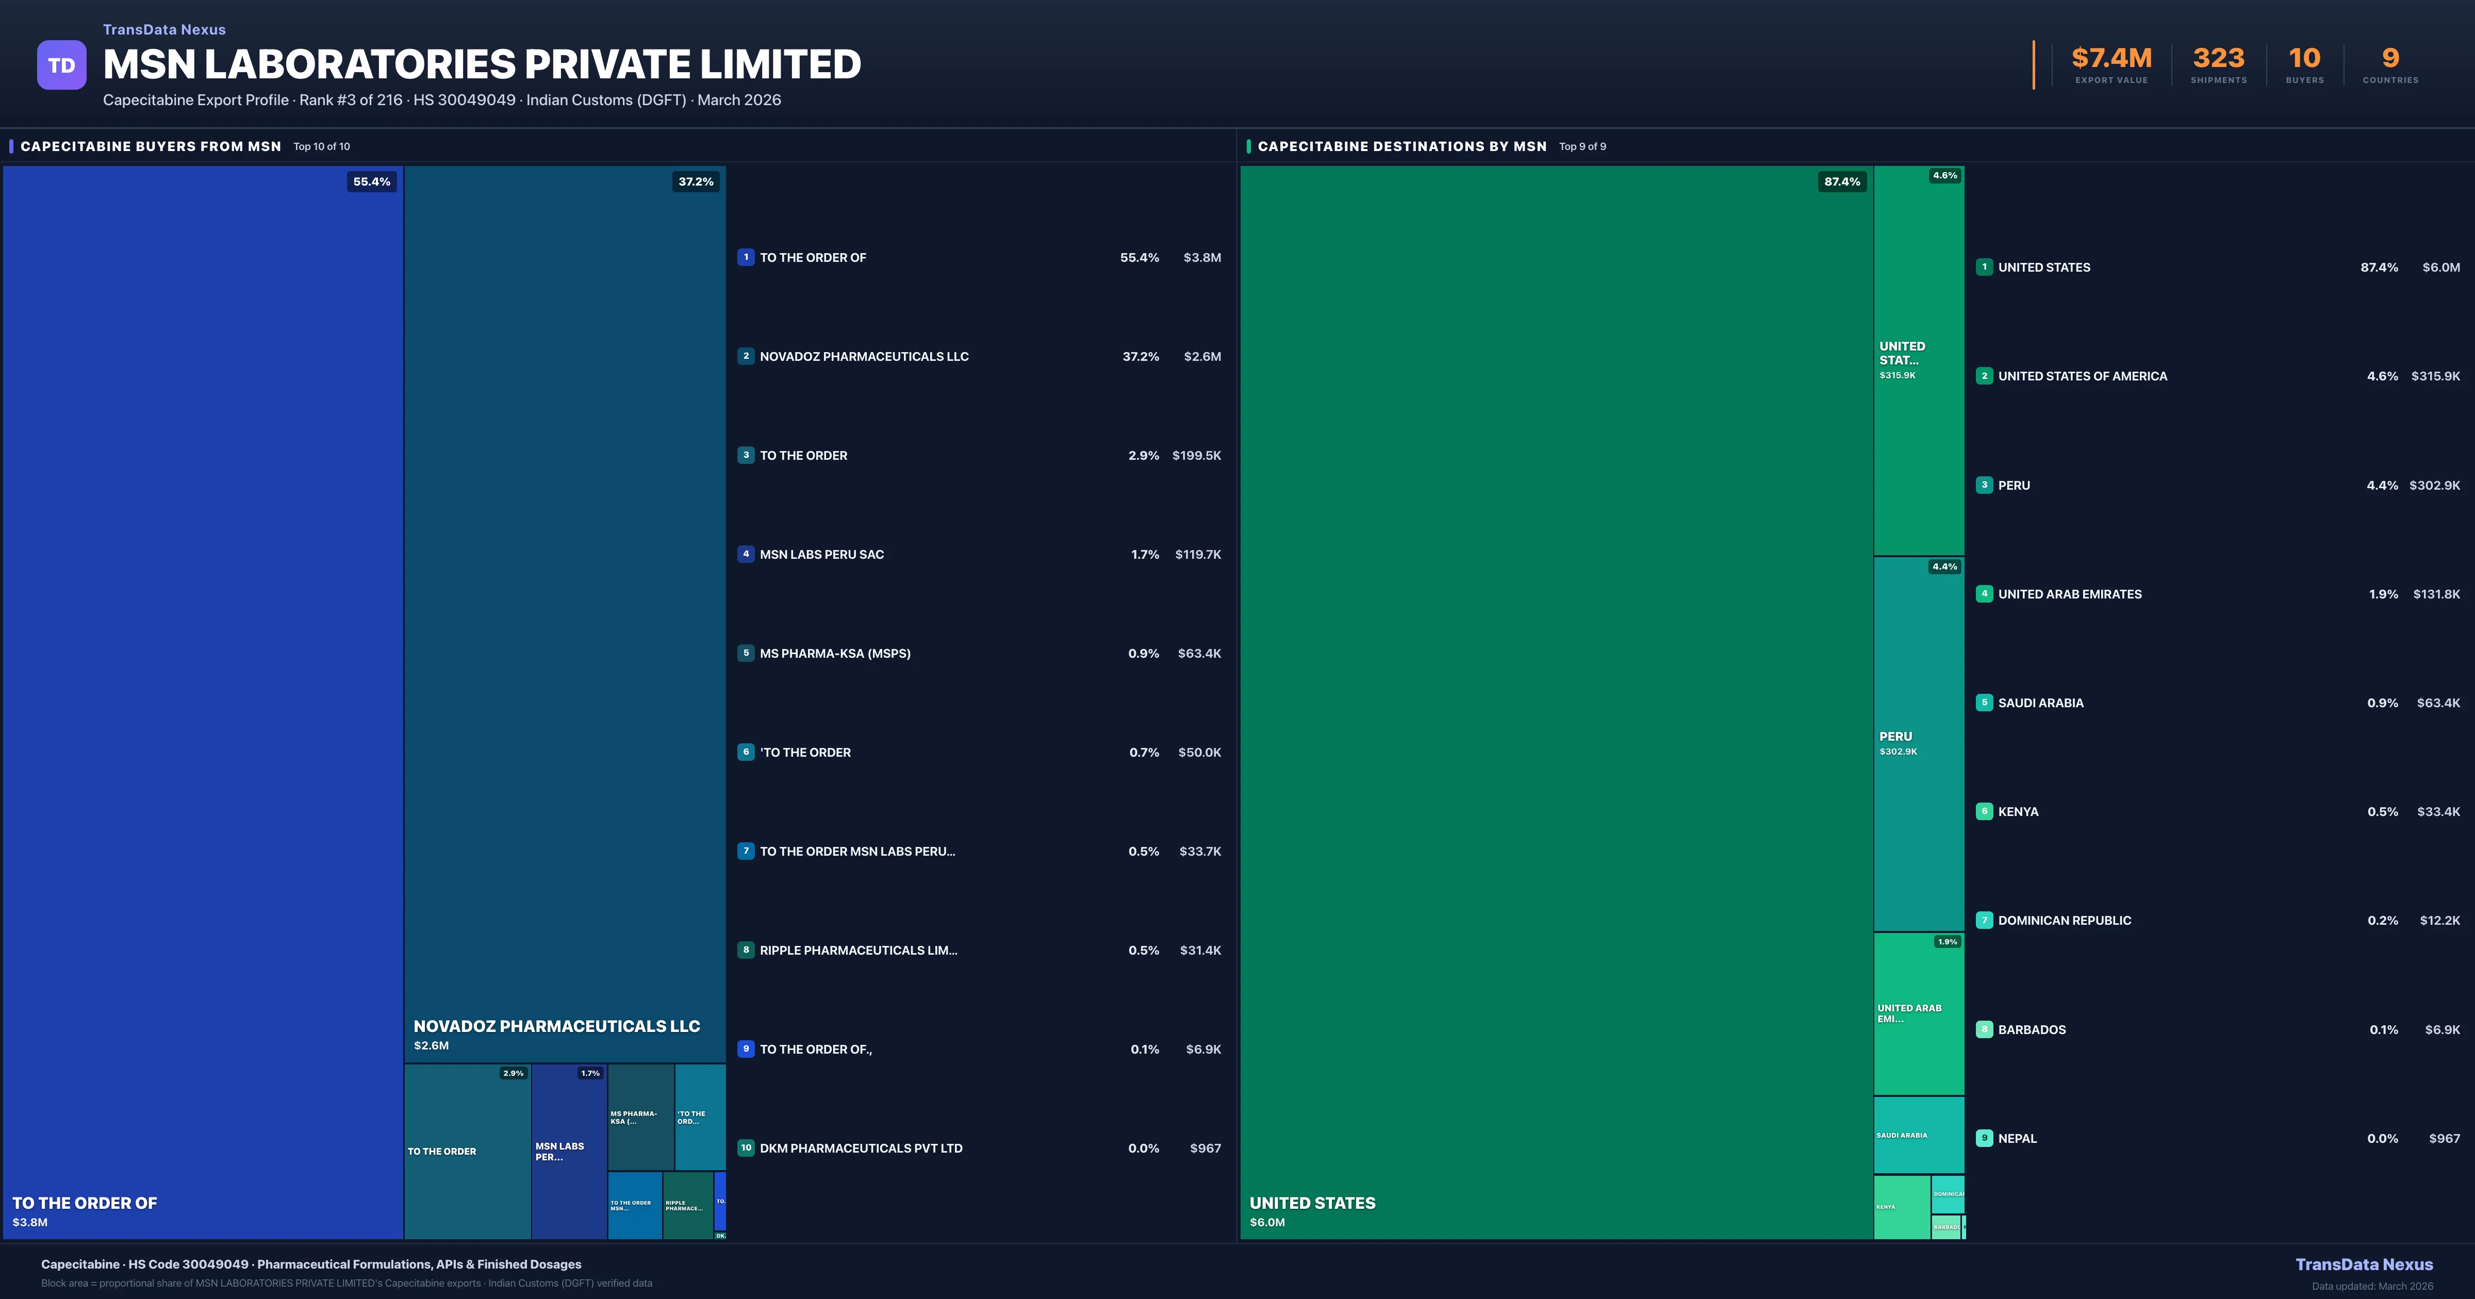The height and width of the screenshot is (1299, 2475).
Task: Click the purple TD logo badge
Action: (x=61, y=65)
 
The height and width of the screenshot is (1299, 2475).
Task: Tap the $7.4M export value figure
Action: (x=2111, y=59)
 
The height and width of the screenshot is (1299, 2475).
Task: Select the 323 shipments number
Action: (x=2218, y=59)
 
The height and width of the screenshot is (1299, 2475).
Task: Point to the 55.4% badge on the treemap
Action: (x=372, y=181)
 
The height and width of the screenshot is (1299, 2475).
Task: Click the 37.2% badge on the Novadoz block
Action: (x=696, y=181)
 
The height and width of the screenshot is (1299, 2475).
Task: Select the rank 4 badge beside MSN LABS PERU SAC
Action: (x=746, y=554)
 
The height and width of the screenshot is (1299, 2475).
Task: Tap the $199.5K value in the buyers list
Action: (x=1196, y=455)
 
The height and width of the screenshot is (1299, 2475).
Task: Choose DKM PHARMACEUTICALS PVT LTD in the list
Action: (x=861, y=1148)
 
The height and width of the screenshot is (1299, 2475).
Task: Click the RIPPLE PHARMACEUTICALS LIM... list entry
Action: (x=858, y=950)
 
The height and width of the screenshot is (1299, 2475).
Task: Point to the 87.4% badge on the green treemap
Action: (x=1842, y=181)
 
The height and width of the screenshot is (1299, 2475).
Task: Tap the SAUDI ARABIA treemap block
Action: (x=1919, y=1136)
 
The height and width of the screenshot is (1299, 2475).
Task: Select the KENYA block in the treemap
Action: (x=1902, y=1207)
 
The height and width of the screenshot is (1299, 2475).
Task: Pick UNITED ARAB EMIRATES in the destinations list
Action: (x=2070, y=594)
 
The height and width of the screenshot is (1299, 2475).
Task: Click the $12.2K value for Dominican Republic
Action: (x=2439, y=921)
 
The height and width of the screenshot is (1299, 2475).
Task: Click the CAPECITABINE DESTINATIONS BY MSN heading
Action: (x=1402, y=146)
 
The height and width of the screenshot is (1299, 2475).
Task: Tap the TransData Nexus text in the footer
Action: (x=2364, y=1264)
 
